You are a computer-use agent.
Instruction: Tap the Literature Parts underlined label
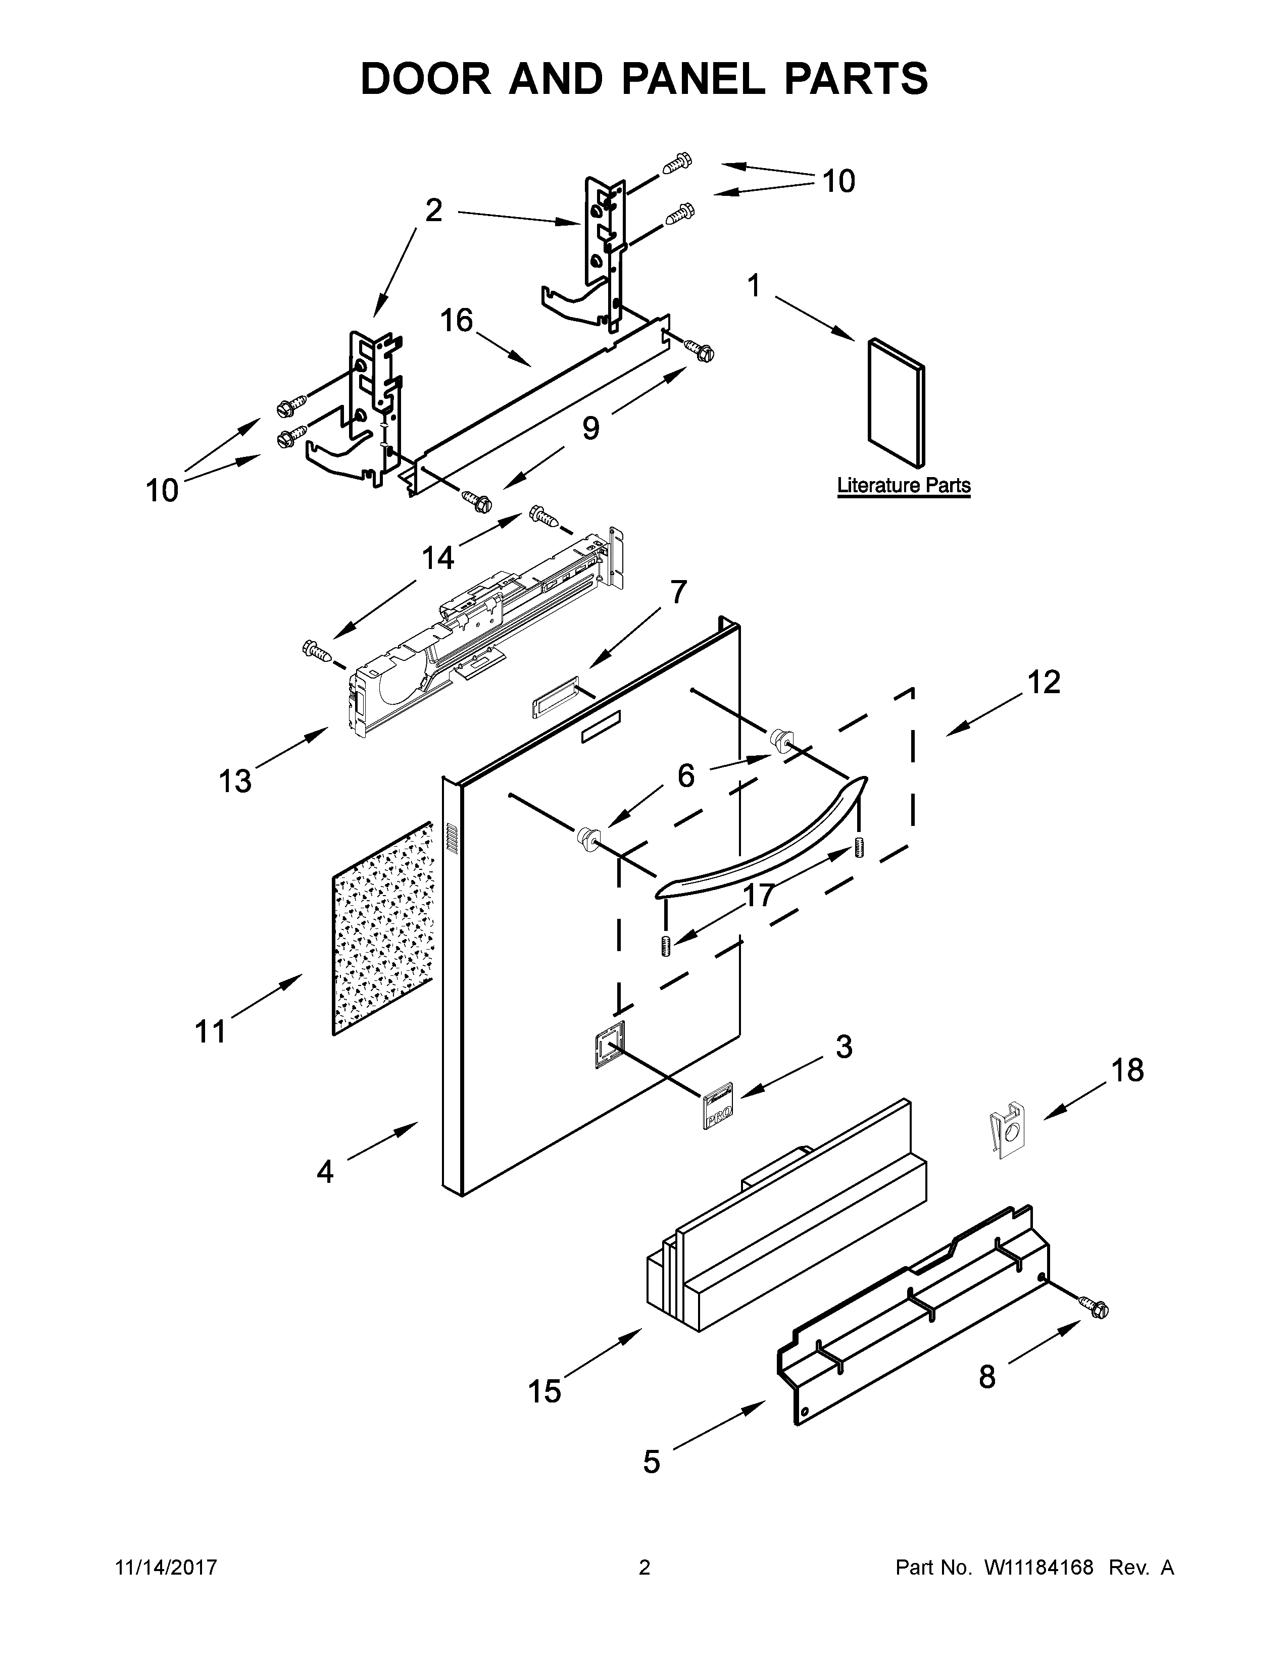[904, 485]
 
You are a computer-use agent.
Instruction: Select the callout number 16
[456, 321]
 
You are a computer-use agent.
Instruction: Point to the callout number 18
[1127, 1070]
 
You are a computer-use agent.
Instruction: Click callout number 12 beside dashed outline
[1043, 683]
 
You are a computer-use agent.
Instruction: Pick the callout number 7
[677, 592]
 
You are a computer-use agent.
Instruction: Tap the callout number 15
[545, 1391]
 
